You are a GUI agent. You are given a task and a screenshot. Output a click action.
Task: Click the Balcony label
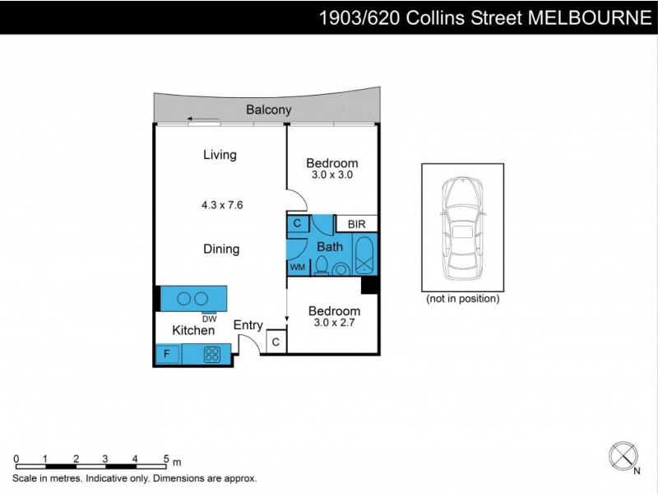(x=269, y=110)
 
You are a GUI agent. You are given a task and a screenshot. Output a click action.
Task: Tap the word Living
(x=220, y=154)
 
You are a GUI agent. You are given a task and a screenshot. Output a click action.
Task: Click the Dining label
(x=220, y=249)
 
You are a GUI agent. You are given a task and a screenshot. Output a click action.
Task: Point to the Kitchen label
(x=193, y=330)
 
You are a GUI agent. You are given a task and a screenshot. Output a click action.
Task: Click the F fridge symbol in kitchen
(x=167, y=355)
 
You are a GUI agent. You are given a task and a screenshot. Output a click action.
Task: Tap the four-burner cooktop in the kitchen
(x=212, y=355)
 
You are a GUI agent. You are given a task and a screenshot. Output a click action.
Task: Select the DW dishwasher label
(x=209, y=319)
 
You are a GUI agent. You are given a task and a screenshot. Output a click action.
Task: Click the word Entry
(x=248, y=325)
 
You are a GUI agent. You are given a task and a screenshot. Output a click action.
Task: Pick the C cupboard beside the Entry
(x=276, y=342)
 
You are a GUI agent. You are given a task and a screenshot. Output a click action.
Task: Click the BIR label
(x=356, y=224)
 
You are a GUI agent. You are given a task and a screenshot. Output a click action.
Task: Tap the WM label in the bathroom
(x=296, y=267)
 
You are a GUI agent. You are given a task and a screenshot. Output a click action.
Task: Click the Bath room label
(x=330, y=246)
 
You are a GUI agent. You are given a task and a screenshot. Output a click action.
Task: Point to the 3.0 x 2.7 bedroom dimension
(x=334, y=322)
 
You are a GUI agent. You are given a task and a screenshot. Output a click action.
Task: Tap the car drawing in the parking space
(x=461, y=226)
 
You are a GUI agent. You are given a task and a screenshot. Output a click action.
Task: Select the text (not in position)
(x=462, y=299)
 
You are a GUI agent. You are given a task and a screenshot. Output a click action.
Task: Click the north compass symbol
(x=622, y=455)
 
